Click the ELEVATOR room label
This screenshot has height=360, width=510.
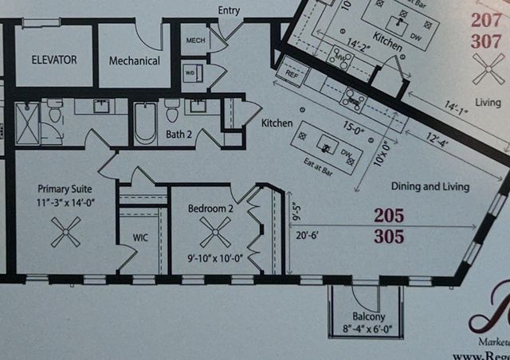click(54, 60)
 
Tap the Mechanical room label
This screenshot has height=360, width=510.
click(134, 61)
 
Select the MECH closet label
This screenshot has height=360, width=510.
click(195, 40)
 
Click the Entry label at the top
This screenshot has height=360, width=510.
click(229, 10)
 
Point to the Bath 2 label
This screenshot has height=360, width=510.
click(180, 135)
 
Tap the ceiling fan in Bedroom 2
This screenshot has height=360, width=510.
click(214, 234)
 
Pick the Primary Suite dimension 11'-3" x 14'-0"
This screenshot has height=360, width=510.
click(65, 203)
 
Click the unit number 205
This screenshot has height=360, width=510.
click(388, 215)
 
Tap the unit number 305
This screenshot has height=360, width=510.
click(388, 236)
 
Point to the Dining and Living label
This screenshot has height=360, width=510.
click(430, 186)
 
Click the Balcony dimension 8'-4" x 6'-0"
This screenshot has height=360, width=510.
click(367, 327)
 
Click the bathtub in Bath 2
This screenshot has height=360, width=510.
click(145, 123)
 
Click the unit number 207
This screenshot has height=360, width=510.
click(485, 20)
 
